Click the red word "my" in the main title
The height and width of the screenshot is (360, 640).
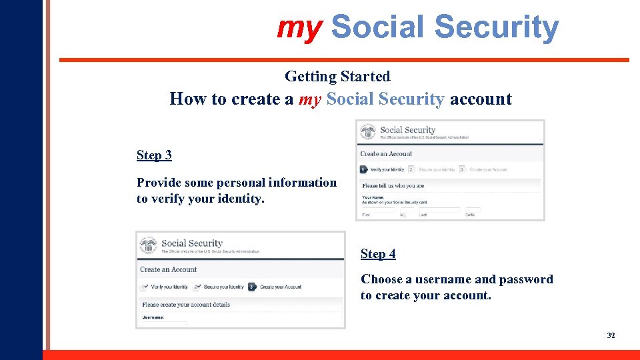click(299, 28)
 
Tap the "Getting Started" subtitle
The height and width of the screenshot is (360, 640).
click(337, 77)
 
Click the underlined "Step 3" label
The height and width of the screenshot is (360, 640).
click(154, 155)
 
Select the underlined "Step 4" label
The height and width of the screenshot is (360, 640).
click(378, 254)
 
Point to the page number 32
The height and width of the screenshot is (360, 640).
click(611, 335)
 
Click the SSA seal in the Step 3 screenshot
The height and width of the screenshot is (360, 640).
click(368, 132)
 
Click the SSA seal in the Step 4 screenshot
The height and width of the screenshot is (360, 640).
click(149, 245)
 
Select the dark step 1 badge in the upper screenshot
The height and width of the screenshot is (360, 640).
click(364, 170)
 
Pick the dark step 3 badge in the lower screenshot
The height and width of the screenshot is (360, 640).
click(252, 287)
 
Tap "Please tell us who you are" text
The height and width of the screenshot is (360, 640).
click(393, 186)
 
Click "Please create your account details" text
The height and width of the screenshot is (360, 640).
click(186, 305)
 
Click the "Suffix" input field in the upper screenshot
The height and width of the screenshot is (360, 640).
click(473, 210)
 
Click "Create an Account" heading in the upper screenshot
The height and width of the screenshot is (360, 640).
click(386, 154)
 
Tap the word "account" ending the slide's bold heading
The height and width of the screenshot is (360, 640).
click(481, 99)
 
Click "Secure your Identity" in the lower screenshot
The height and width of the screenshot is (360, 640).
click(223, 287)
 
